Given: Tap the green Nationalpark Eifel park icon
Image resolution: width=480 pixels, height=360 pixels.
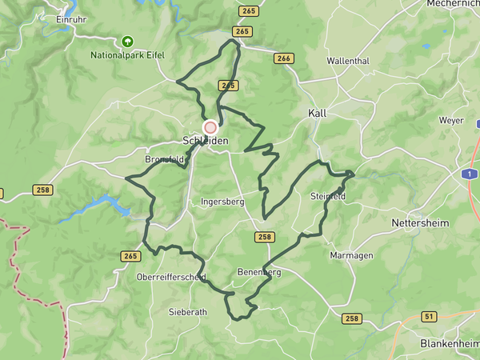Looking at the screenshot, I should pyautogui.click(x=127, y=41).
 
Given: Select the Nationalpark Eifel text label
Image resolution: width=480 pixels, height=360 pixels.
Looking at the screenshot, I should pyautogui.click(x=127, y=56).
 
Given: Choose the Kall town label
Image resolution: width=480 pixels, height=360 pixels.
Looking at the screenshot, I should pyautogui.click(x=318, y=114).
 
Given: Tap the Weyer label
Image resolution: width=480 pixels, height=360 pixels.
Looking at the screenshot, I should pyautogui.click(x=451, y=120).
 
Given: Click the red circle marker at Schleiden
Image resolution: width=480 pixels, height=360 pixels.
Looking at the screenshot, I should pyautogui.click(x=210, y=127).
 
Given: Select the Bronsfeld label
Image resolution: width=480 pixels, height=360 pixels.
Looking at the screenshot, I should pyautogui.click(x=165, y=160).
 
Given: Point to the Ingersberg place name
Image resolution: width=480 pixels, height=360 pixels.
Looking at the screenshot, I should pyautogui.click(x=222, y=202).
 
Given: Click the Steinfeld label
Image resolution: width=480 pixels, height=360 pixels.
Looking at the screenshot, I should pyautogui.click(x=326, y=196).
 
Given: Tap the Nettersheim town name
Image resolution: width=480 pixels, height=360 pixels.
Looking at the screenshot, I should pyautogui.click(x=420, y=222).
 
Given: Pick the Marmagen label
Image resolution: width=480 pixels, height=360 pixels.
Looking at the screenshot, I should pyautogui.click(x=351, y=255).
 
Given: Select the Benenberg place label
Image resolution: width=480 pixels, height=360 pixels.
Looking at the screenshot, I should pyautogui.click(x=259, y=273).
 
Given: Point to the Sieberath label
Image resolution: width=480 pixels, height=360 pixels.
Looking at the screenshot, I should pyautogui.click(x=188, y=311).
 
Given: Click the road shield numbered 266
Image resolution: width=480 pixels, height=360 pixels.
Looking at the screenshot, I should pyautogui.click(x=283, y=58).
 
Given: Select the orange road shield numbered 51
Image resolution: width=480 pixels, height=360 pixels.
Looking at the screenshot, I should pyautogui.click(x=430, y=317).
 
